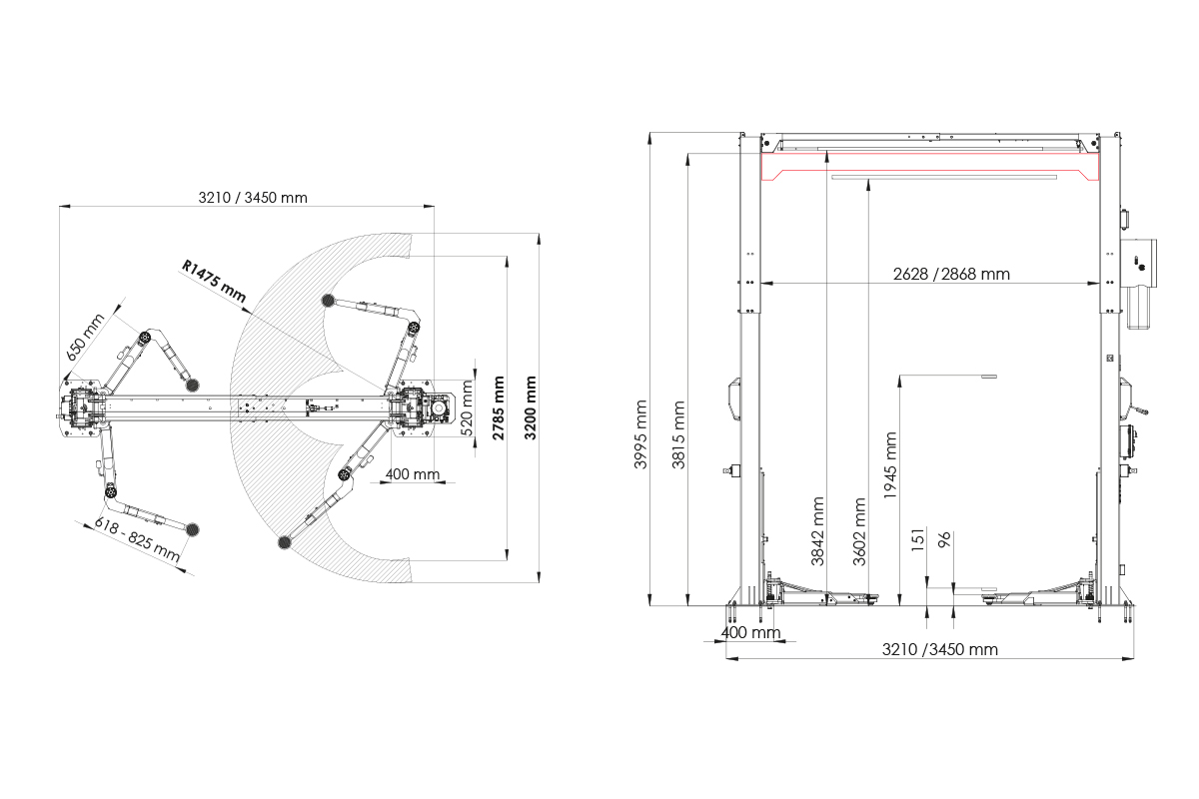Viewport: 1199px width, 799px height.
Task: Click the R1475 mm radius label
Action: coord(213,280)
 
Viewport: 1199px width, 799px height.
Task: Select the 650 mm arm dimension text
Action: coord(86,337)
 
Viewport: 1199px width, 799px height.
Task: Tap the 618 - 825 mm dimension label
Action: coord(138,540)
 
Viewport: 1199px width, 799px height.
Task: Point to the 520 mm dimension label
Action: coord(467,409)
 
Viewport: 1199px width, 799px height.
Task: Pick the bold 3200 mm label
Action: coord(531,408)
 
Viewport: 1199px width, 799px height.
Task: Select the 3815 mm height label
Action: coord(681,434)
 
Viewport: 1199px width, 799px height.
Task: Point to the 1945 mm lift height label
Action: coord(892,464)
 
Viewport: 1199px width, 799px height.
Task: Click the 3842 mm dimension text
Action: coord(818,532)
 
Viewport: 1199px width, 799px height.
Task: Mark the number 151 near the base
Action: coord(917,539)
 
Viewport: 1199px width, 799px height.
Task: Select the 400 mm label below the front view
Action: coord(749,633)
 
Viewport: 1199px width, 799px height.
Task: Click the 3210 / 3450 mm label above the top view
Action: coord(254,197)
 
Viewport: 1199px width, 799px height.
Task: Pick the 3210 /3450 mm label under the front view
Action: coord(939,649)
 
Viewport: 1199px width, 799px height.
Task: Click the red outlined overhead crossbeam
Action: coord(929,164)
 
